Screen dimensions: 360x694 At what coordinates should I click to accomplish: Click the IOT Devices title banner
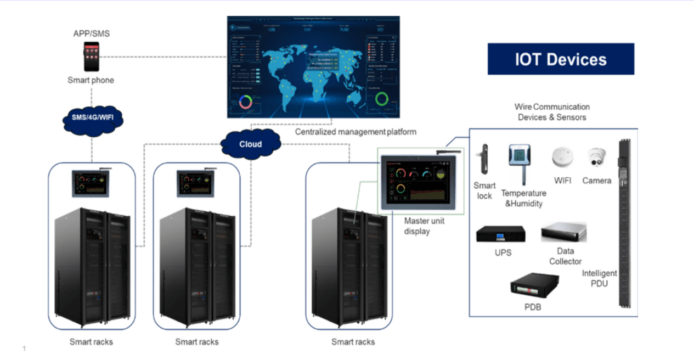pos(561,59)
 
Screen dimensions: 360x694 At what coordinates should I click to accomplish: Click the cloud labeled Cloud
pos(251,144)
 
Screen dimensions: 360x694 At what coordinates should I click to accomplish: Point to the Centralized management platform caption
pos(356,132)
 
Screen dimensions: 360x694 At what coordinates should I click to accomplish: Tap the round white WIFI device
pos(563,157)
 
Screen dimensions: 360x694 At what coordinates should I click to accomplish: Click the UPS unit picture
pos(500,235)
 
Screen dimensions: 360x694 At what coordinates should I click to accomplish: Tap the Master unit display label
pos(424,226)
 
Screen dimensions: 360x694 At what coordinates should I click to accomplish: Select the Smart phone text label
pos(91,80)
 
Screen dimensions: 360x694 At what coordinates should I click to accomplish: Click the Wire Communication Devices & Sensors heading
pos(552,112)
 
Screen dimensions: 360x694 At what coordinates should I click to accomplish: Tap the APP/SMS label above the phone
pos(92,33)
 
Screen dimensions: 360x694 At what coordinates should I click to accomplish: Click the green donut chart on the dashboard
pos(381,99)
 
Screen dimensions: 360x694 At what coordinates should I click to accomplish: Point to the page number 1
pos(24,348)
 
